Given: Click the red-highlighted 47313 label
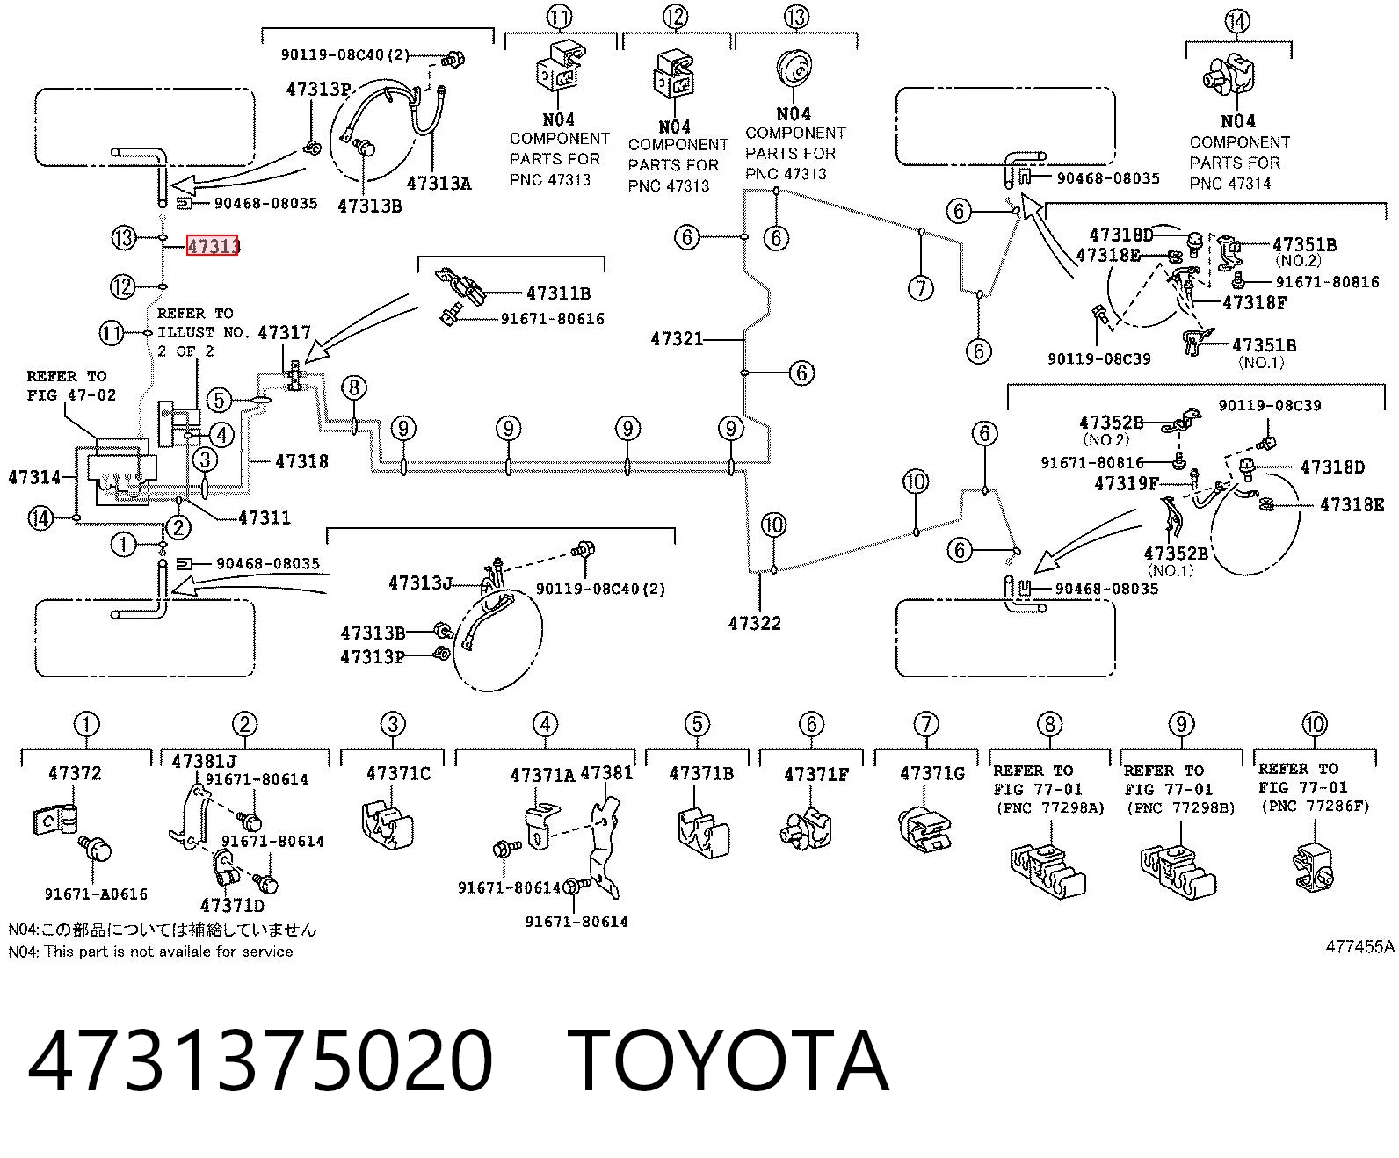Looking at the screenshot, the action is point(213,246).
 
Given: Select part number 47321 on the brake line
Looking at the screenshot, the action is point(677,339).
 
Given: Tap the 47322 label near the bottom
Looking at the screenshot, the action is point(755,623).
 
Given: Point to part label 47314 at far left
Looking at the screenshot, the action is point(34,477).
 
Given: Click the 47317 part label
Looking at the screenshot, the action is point(285,332).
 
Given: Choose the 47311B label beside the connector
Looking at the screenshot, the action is point(558,293).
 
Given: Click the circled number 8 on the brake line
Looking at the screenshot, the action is point(354,387).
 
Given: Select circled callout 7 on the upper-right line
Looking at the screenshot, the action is point(921,288).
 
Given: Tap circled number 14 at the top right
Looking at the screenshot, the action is point(1236,21).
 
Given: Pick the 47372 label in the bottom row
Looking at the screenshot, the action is point(75,773).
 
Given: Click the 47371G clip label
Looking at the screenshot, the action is point(932,773).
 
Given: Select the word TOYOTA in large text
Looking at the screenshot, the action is point(728,1060).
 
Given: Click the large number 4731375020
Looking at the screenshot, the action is point(260,1060).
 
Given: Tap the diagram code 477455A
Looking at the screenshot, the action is point(1359,946).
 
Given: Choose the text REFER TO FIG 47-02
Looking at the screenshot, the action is point(71,386).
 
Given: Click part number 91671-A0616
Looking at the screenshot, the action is point(96,894).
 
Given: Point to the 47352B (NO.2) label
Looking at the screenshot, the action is point(1111,430).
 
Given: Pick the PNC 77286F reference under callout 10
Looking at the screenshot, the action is point(1316,807).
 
